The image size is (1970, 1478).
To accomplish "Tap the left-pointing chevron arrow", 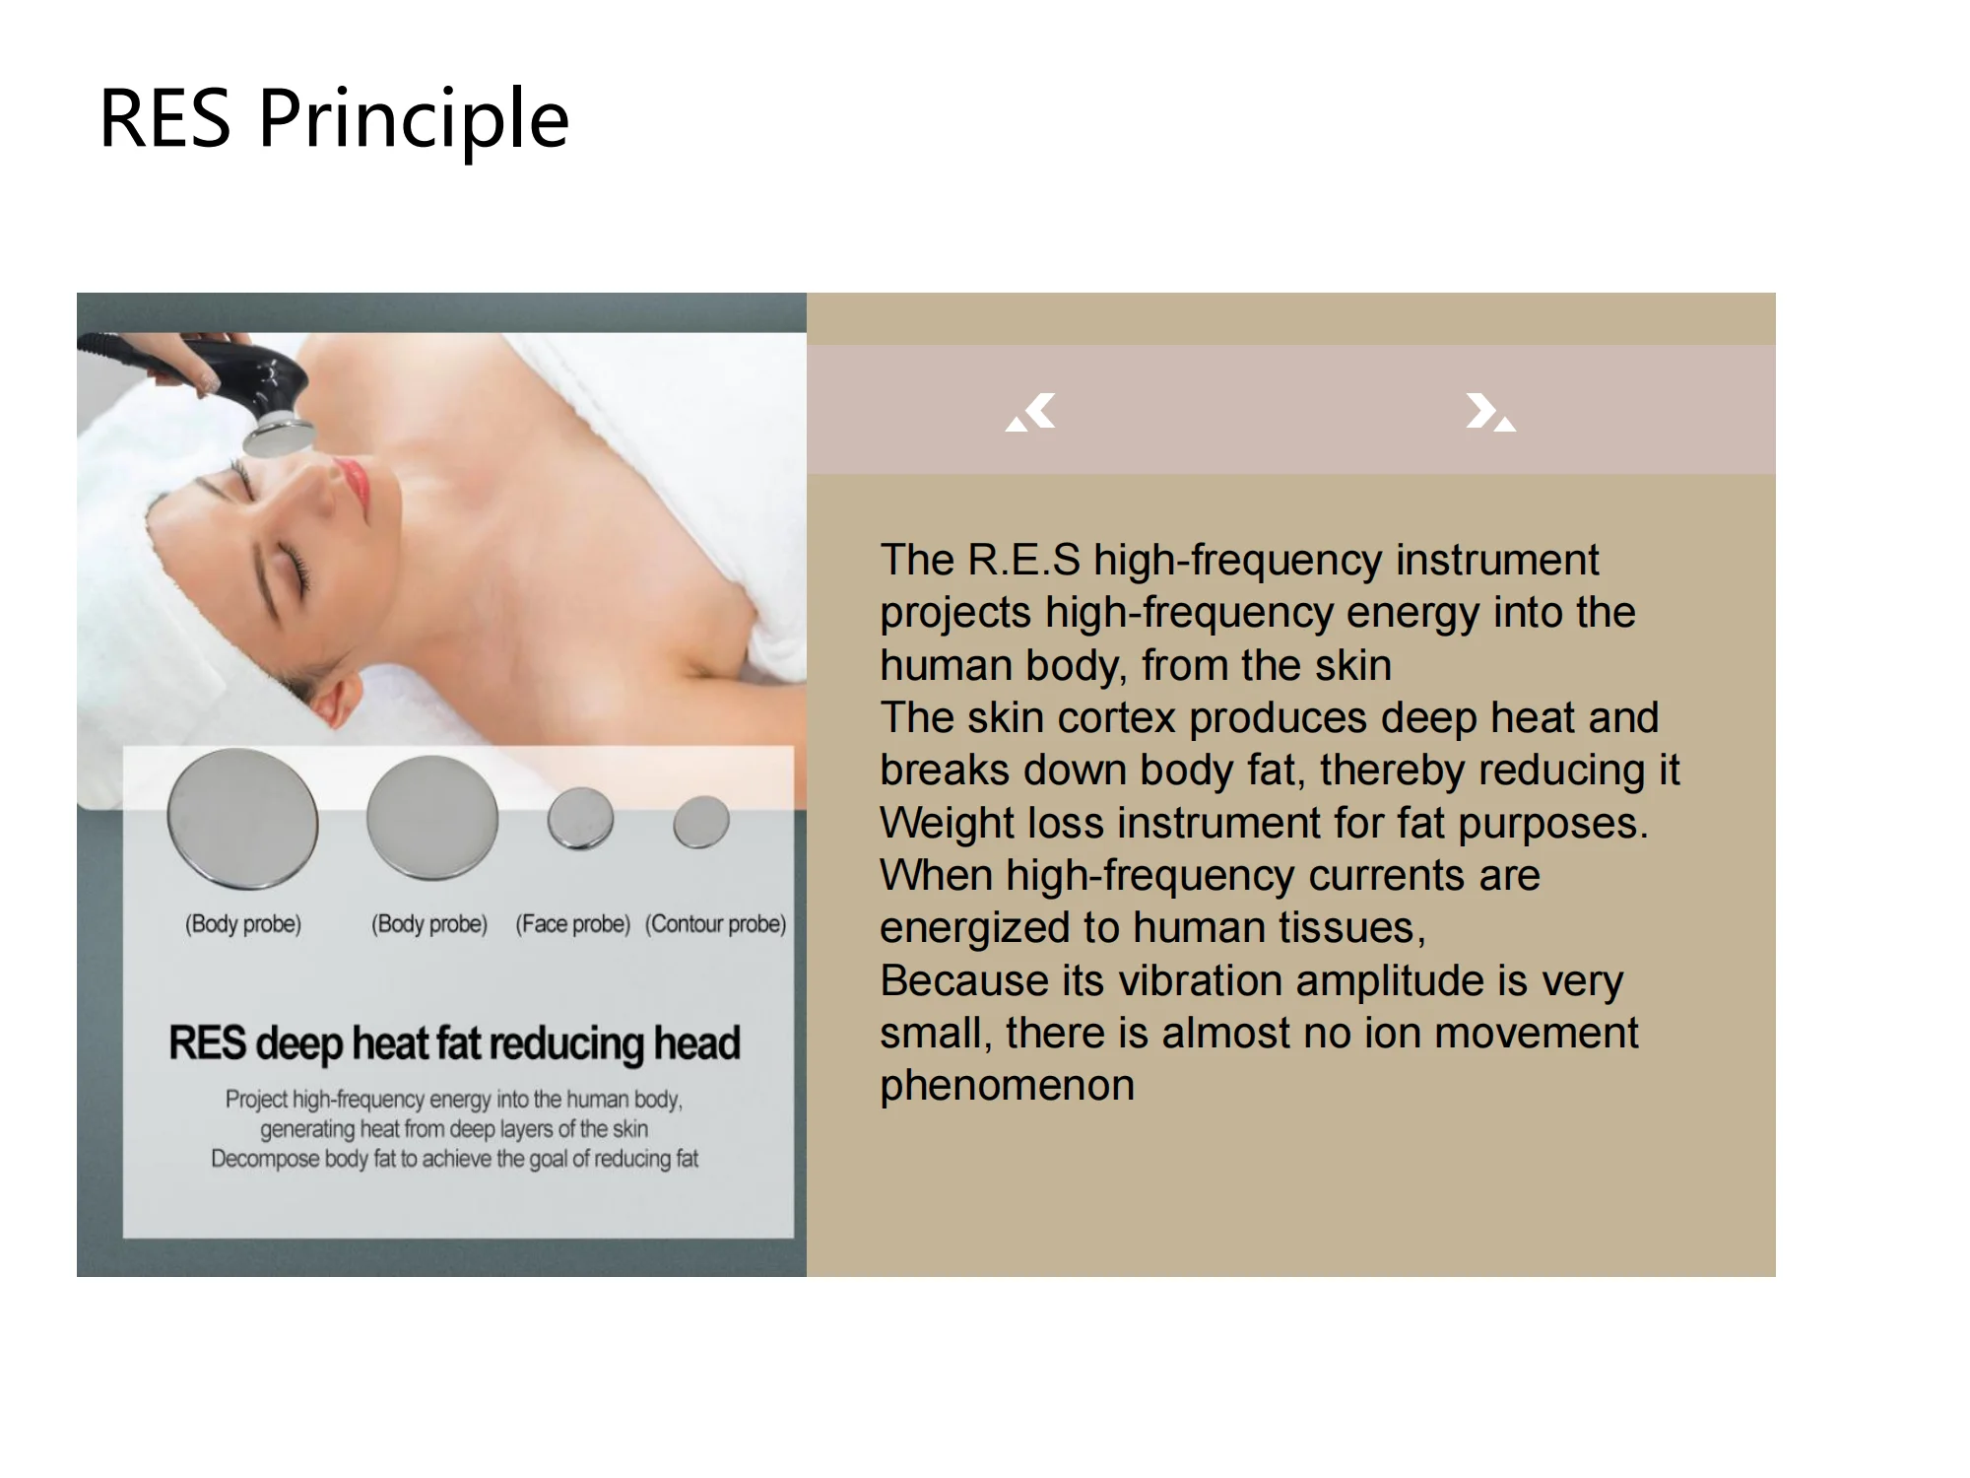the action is point(1031,412).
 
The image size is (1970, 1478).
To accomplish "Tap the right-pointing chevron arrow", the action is point(1490,412).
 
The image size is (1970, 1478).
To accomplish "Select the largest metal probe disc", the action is point(242,818).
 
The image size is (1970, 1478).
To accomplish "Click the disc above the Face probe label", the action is point(581,818).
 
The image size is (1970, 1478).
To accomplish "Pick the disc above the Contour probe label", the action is point(701,822).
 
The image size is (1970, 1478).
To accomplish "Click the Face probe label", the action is point(573,924).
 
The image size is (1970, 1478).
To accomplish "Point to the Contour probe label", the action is point(716,924).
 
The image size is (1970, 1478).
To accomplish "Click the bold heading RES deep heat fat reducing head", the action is point(454,1043).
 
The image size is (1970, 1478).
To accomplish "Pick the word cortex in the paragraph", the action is point(1117,717).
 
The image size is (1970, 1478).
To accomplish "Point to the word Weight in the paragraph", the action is point(947,824).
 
